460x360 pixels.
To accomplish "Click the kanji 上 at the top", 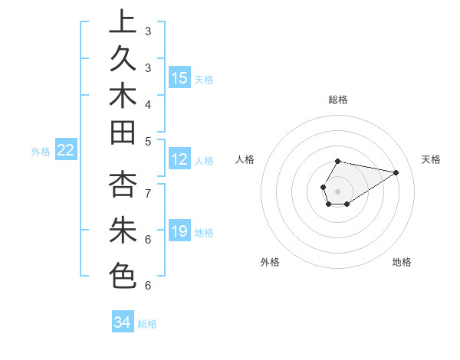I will tap(123, 22).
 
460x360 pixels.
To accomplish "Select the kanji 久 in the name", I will tap(123, 61).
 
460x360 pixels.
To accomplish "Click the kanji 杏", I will tap(123, 186).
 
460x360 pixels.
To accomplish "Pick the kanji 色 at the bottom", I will tap(123, 275).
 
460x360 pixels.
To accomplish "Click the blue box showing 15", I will tap(179, 78).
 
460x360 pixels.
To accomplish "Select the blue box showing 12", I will tap(179, 159).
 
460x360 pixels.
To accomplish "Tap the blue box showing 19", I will tap(179, 231).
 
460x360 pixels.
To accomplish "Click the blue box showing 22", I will tap(65, 151).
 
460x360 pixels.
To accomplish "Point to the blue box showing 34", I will tap(122, 322).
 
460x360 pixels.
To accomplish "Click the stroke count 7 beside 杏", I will tap(147, 193).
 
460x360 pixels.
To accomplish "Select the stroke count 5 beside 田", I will tap(147, 141).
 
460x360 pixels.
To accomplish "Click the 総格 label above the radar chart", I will tap(338, 100).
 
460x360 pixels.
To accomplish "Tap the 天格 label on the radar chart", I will tap(431, 159).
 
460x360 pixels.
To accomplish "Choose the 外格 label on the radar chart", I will tap(270, 262).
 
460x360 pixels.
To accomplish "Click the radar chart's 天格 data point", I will tap(396, 172).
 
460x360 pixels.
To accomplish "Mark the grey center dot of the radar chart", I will tap(337, 190).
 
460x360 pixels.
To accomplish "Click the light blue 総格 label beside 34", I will tap(147, 324).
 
